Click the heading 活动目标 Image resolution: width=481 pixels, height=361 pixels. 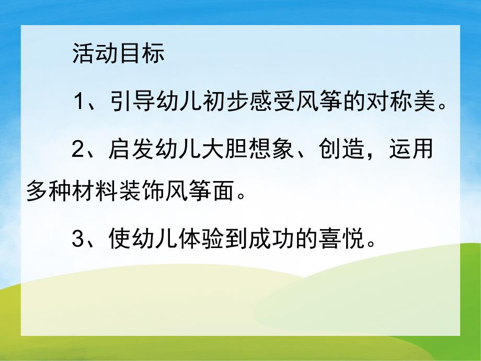(119, 54)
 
